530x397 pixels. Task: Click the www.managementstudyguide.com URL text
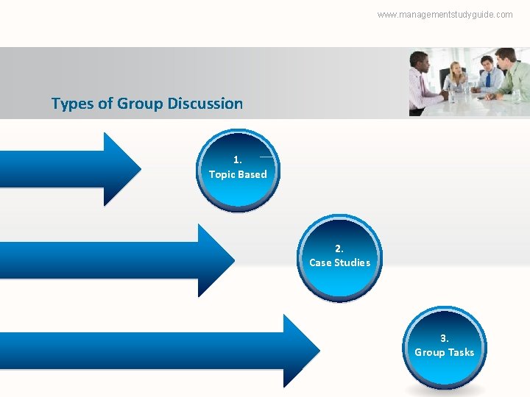pyautogui.click(x=445, y=14)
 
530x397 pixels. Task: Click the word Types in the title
pyautogui.click(x=70, y=104)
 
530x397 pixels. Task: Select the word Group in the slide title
pyautogui.click(x=140, y=104)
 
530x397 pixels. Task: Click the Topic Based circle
pyautogui.click(x=238, y=171)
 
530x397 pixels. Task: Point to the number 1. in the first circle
pyautogui.click(x=237, y=160)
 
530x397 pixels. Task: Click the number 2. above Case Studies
pyautogui.click(x=339, y=248)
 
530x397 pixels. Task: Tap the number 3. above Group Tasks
pyautogui.click(x=444, y=338)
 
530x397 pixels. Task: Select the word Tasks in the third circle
pyautogui.click(x=461, y=352)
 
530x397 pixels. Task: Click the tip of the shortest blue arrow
pyautogui.click(x=139, y=169)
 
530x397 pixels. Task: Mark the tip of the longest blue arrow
pyautogui.click(x=319, y=351)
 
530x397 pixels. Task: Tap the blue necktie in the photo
pyautogui.click(x=488, y=79)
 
